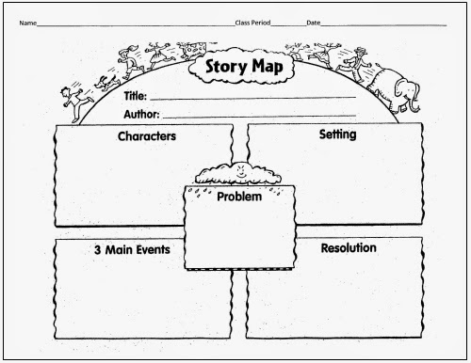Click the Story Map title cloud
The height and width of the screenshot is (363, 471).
point(241,69)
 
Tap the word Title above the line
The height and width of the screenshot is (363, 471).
point(135,96)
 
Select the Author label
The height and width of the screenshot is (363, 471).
point(140,114)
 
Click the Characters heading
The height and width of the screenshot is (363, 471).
point(146,136)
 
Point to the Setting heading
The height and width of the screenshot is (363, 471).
point(337,134)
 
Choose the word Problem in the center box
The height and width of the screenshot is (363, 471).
point(239,197)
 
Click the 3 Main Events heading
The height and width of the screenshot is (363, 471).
point(131,250)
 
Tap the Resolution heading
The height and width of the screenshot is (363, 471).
point(349,248)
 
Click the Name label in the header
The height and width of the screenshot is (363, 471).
point(27,22)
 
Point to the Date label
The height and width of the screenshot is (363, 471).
point(313,22)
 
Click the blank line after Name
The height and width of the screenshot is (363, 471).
point(132,24)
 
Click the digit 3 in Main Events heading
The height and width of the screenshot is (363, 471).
point(97,250)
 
